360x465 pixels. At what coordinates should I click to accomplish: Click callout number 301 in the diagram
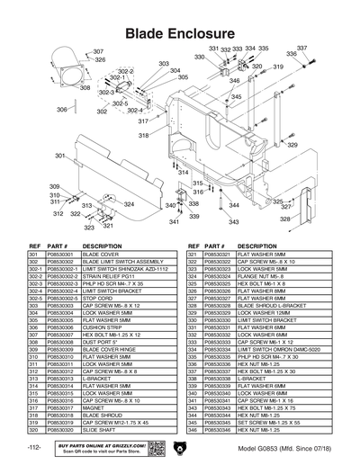coord(60,156)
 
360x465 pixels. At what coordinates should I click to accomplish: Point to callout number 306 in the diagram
coord(61,109)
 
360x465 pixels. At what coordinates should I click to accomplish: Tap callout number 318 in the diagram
coord(143,135)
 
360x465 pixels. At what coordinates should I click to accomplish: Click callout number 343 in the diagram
coord(233,221)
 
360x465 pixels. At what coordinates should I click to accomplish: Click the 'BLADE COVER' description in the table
coord(102,255)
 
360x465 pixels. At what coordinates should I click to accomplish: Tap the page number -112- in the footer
coord(34,447)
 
